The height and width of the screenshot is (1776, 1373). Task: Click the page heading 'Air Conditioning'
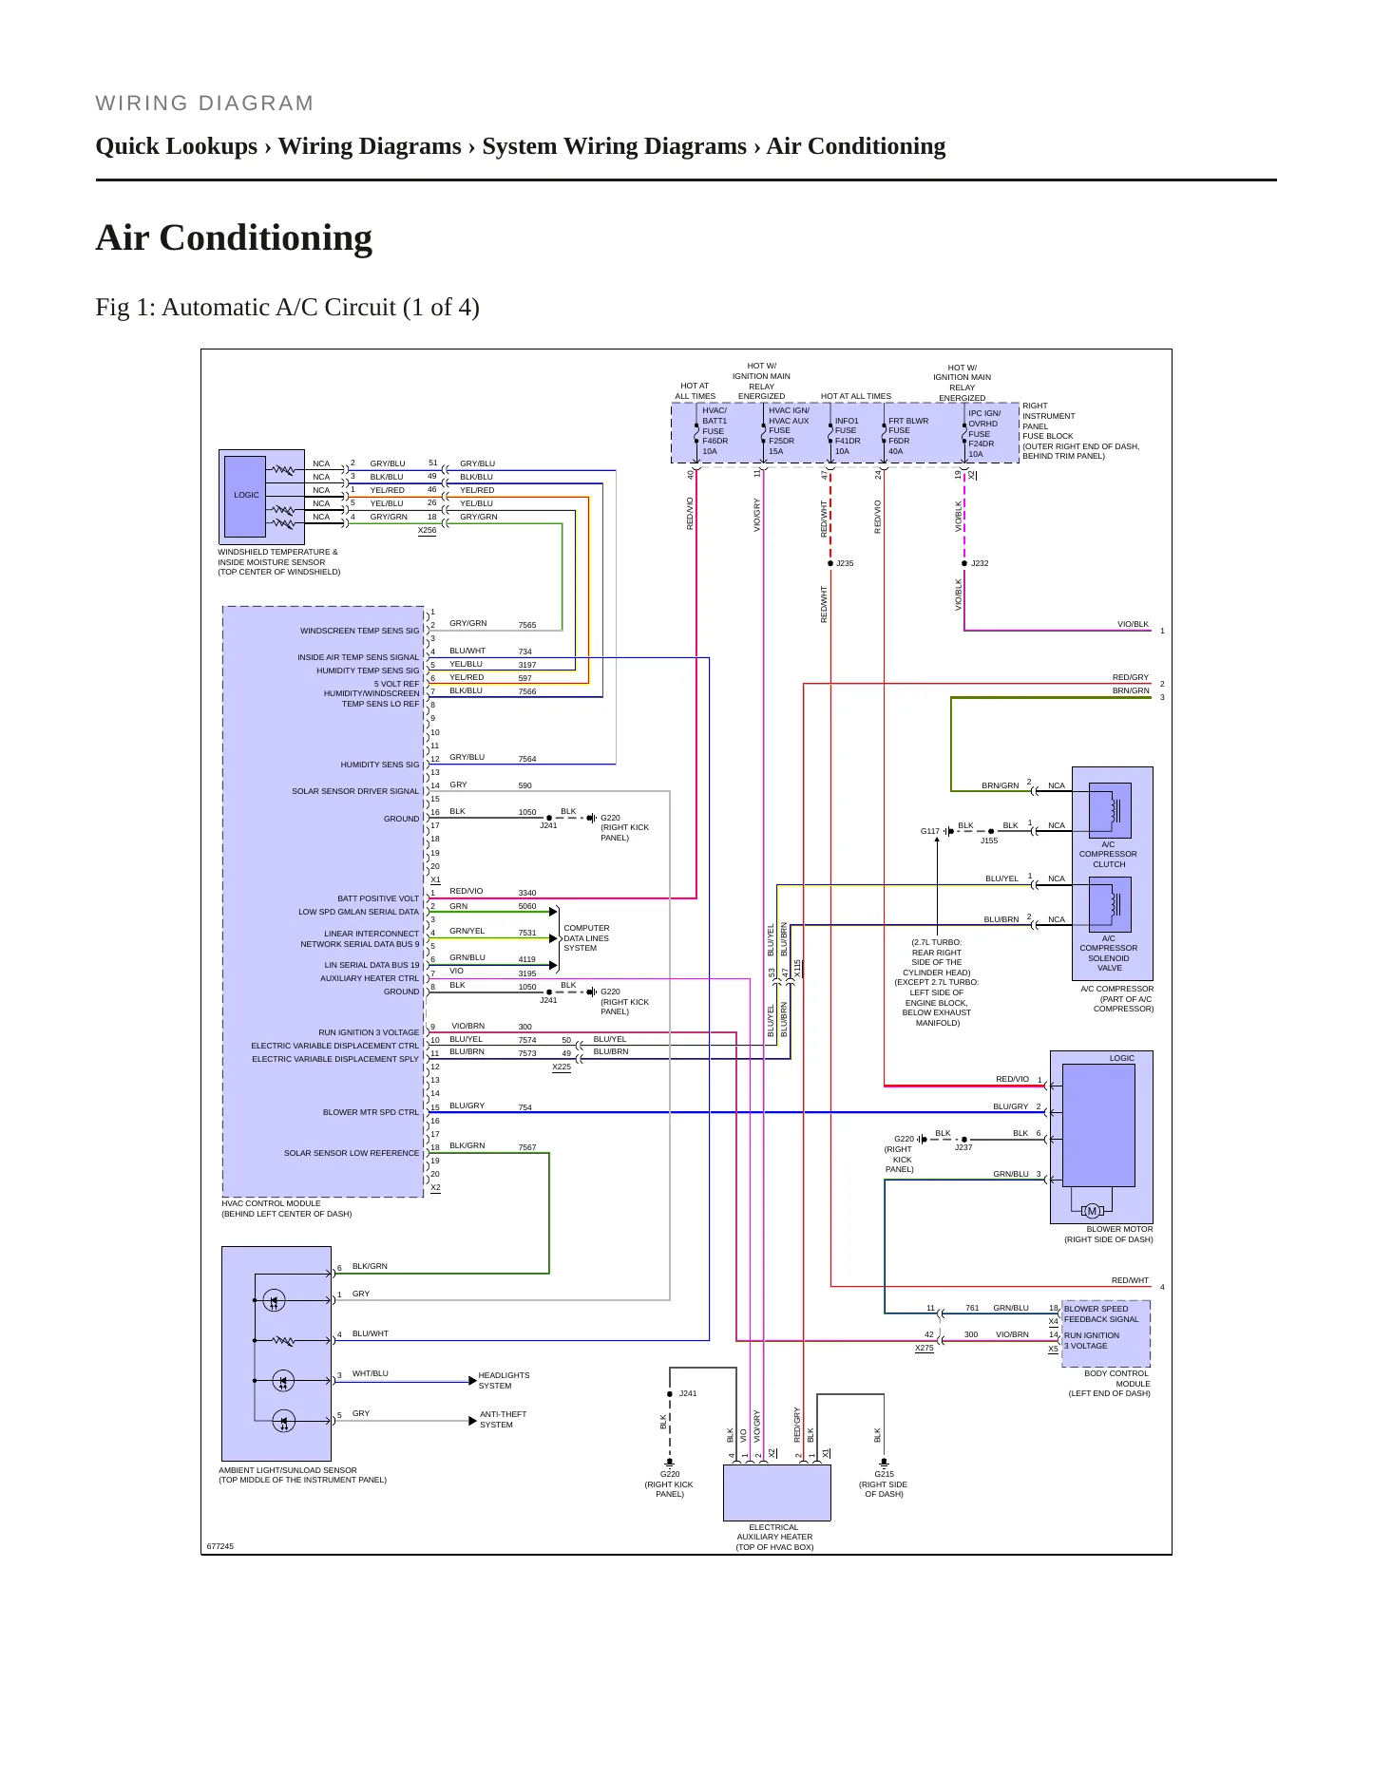click(x=234, y=237)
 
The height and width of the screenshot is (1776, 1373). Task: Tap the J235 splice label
click(x=845, y=563)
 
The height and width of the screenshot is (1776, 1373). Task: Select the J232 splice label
click(x=980, y=563)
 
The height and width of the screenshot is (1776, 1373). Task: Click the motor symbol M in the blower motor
click(x=1092, y=1210)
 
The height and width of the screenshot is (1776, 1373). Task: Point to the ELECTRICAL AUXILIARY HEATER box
click(x=777, y=1492)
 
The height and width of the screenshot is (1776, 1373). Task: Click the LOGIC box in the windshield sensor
click(x=246, y=496)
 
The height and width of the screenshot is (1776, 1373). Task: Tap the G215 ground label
click(x=884, y=1474)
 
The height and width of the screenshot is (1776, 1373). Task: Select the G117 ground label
click(x=929, y=831)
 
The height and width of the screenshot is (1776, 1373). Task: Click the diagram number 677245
click(x=220, y=1546)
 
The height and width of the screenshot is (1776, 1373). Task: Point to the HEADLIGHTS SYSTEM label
click(x=504, y=1380)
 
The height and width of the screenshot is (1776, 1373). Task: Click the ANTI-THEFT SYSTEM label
click(x=503, y=1419)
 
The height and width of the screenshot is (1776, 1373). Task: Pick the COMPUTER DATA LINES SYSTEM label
click(x=586, y=938)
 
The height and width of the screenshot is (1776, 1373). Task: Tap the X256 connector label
click(x=428, y=530)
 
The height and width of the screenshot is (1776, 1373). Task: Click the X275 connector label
click(x=924, y=1348)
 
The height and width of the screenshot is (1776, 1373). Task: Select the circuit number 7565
click(x=527, y=625)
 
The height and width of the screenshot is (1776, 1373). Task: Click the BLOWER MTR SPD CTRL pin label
click(x=371, y=1112)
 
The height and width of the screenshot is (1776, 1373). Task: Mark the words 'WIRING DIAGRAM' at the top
click(x=205, y=104)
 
